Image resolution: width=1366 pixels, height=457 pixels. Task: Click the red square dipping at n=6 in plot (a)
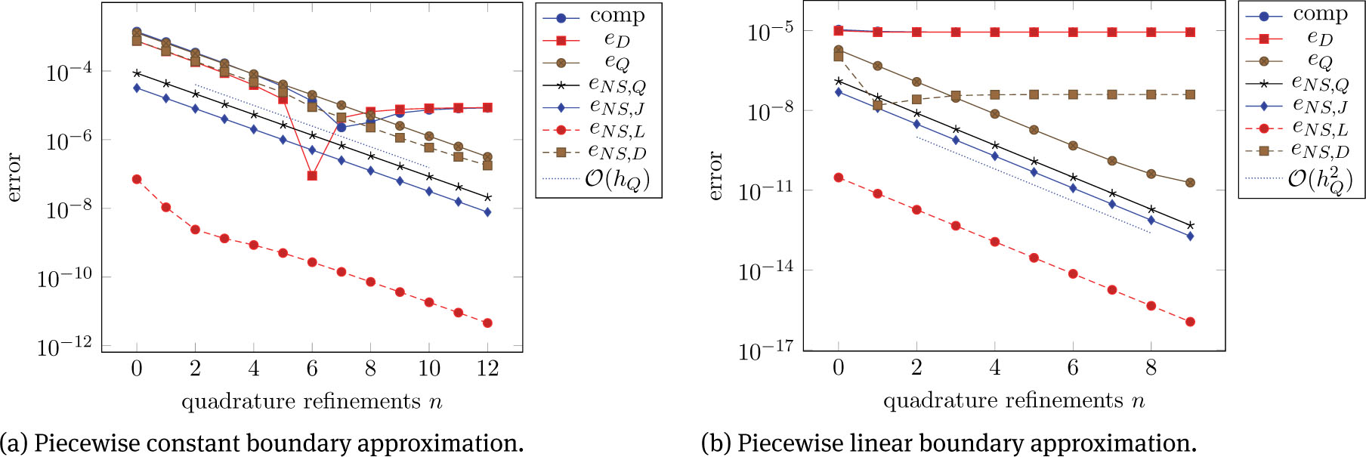coord(312,175)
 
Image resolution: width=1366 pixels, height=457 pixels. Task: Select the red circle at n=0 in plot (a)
coord(137,179)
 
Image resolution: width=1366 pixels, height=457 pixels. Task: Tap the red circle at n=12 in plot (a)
coord(487,323)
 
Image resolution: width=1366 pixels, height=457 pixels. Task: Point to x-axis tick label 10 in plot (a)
coord(428,369)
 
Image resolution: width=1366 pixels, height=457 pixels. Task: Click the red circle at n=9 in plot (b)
coord(1190,322)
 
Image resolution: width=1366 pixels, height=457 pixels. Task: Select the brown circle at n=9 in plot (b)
coord(1190,183)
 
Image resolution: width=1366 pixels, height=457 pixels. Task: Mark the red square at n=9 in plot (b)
coord(1190,32)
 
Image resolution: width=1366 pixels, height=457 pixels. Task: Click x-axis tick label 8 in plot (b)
coord(1151,368)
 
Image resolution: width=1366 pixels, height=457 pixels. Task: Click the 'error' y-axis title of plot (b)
coord(716,176)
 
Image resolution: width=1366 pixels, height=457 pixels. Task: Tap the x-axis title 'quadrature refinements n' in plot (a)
coord(311,401)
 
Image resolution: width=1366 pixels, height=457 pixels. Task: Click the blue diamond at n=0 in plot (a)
coord(137,88)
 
